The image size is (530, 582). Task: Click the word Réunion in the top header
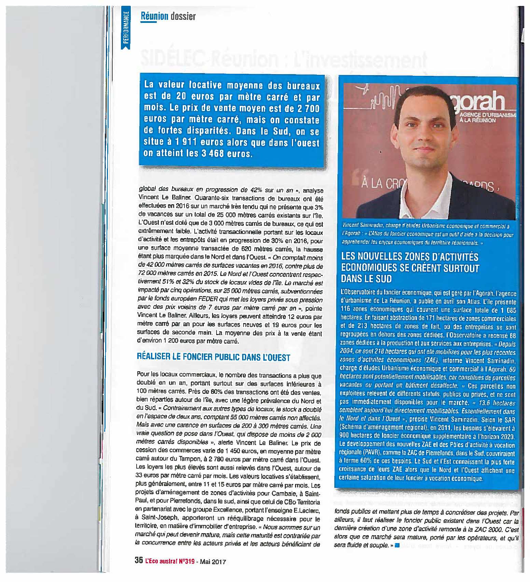pos(154,16)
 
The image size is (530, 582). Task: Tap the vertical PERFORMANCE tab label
pos(126,27)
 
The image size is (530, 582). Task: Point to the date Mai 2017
pos(213,562)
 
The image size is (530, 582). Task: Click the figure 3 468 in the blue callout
pos(212,153)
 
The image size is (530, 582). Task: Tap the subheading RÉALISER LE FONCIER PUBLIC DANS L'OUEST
pos(213,357)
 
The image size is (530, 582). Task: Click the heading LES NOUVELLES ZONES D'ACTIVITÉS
pos(410,257)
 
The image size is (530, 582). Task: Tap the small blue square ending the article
pos(397,545)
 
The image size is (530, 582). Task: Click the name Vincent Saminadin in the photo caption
pos(362,225)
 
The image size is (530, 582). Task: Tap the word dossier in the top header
pos(183,16)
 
